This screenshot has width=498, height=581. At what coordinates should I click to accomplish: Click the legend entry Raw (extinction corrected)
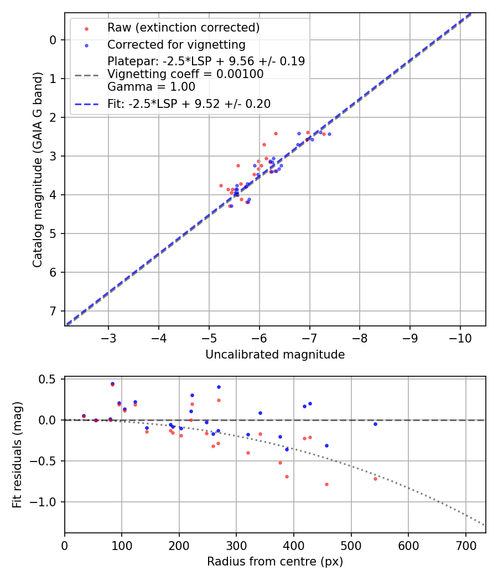[x=183, y=28]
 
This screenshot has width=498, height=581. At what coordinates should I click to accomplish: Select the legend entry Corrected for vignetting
[x=176, y=44]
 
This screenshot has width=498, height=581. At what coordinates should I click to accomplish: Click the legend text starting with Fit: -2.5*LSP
[x=188, y=103]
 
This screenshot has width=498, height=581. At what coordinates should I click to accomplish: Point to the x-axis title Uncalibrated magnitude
[x=275, y=355]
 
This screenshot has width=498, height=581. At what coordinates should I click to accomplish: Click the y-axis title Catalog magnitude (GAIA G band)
[x=38, y=169]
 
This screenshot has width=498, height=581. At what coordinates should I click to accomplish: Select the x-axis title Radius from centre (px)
[x=275, y=562]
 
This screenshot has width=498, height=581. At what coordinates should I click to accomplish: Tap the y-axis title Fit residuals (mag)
[x=17, y=455]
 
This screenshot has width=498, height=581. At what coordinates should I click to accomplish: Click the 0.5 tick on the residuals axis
[x=50, y=379]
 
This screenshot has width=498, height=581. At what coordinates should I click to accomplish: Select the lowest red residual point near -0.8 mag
[x=326, y=484]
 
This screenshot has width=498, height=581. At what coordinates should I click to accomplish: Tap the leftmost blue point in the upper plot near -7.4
[x=329, y=134]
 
